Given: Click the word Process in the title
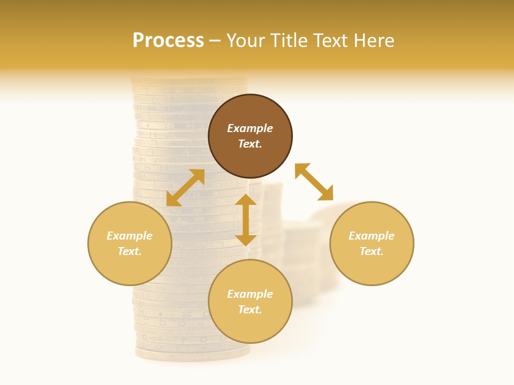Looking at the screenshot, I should click(x=168, y=41).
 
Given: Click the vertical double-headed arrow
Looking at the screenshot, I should click(x=246, y=220).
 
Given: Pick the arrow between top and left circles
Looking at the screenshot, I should click(x=185, y=188).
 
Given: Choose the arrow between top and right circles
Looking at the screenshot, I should click(x=314, y=182).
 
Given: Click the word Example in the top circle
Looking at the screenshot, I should click(x=250, y=128).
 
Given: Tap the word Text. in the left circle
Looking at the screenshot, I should click(x=130, y=251).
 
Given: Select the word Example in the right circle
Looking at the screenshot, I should click(x=372, y=236).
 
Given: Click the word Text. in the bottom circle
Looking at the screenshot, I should click(x=250, y=310).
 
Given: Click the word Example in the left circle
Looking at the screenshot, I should click(x=130, y=236).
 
